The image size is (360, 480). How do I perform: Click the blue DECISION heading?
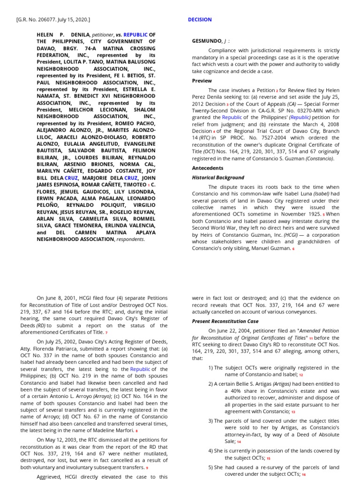click(x=200, y=20)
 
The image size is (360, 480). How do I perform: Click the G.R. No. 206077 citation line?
click(x=53, y=20)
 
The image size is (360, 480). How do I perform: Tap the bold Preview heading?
click(x=202, y=81)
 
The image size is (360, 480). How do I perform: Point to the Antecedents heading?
click(x=207, y=168)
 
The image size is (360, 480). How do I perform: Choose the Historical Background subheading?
click(x=218, y=178)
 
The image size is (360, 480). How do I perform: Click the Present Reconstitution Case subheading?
click(x=225, y=321)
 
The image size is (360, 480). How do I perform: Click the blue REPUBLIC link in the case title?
click(x=135, y=35)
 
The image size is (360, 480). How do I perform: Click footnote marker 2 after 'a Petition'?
click(x=277, y=91)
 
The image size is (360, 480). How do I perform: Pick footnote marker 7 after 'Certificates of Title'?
click(x=106, y=332)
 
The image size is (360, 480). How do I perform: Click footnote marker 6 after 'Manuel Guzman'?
click(x=293, y=249)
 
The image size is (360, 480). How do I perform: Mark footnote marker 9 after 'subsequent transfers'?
click(x=147, y=468)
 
